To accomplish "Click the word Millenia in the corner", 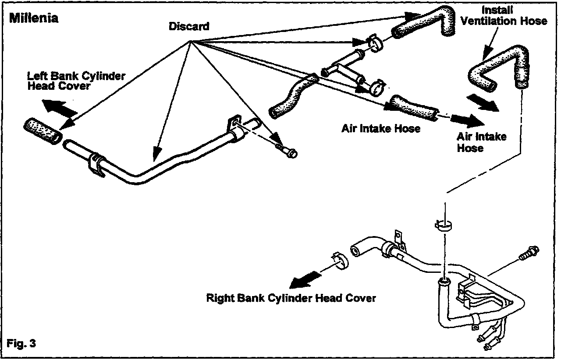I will point(34,18).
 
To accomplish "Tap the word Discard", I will point(189,26).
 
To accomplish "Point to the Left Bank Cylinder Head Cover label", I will point(76,81).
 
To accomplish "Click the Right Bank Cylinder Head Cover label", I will point(291,298).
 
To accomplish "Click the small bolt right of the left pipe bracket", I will point(286,152).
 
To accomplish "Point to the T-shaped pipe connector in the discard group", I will point(344,67).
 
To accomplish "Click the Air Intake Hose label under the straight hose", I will point(381,128).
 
